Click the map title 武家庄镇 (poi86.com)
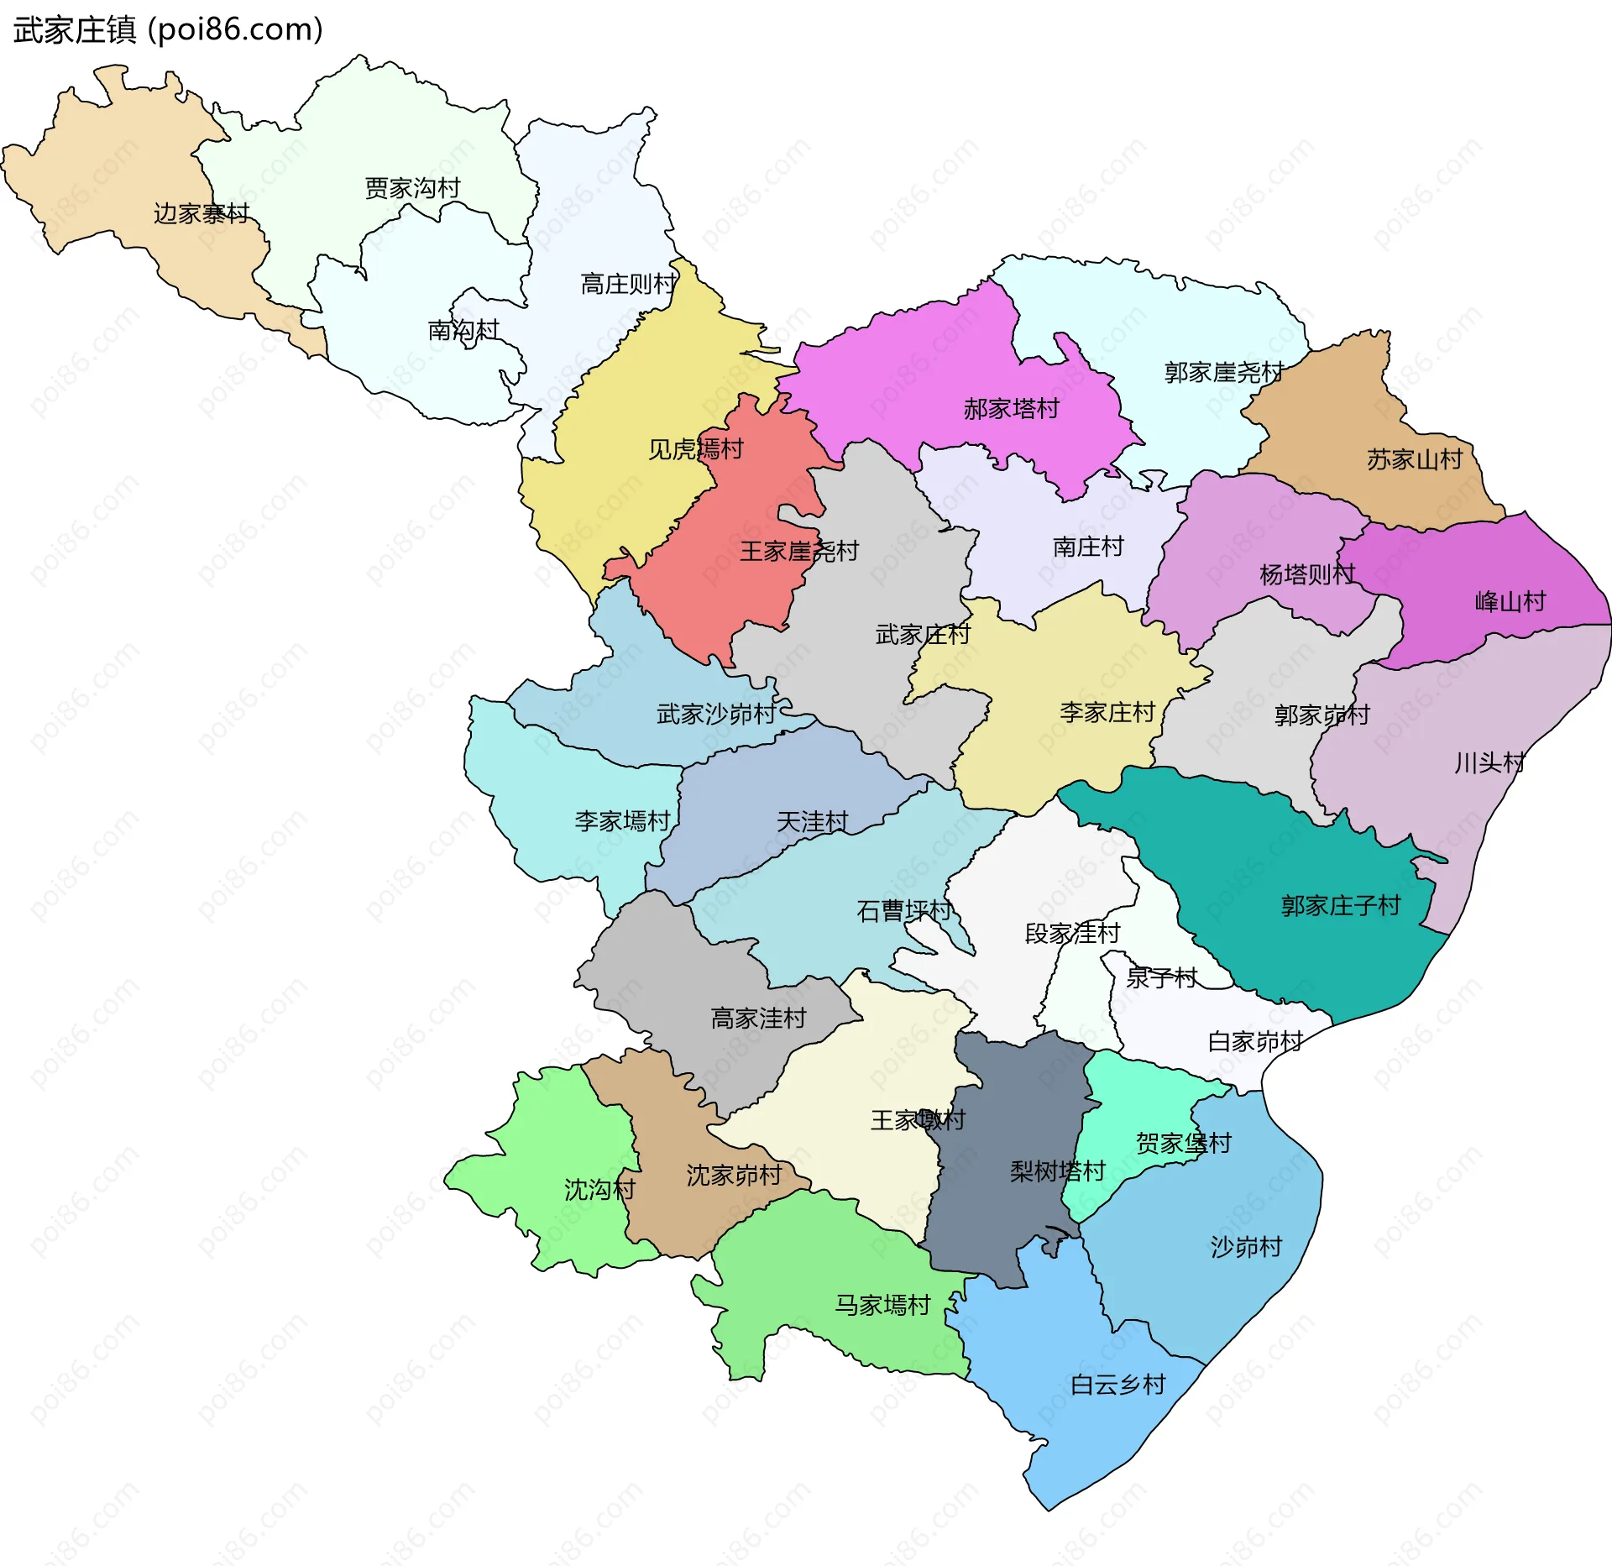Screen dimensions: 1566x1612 point(168,30)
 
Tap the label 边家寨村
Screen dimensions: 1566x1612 point(201,213)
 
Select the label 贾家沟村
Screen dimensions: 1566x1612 point(412,188)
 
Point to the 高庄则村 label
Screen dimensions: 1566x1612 point(628,284)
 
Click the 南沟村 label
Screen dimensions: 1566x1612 point(463,330)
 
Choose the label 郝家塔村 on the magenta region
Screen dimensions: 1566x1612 point(1011,409)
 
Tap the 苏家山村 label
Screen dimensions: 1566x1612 point(1414,459)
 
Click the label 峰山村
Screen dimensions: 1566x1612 point(1510,601)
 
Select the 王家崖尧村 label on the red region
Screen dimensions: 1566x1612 point(798,551)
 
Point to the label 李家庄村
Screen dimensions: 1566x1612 point(1107,712)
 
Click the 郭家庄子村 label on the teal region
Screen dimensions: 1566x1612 point(1340,905)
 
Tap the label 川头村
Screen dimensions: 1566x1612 point(1489,762)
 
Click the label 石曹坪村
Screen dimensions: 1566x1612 point(903,910)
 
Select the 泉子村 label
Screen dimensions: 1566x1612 point(1161,977)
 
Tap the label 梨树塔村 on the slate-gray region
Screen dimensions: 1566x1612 point(1057,1171)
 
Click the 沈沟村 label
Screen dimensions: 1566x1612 point(599,1189)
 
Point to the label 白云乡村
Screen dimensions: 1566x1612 point(1117,1384)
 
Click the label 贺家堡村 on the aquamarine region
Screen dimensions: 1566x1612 point(1183,1143)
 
